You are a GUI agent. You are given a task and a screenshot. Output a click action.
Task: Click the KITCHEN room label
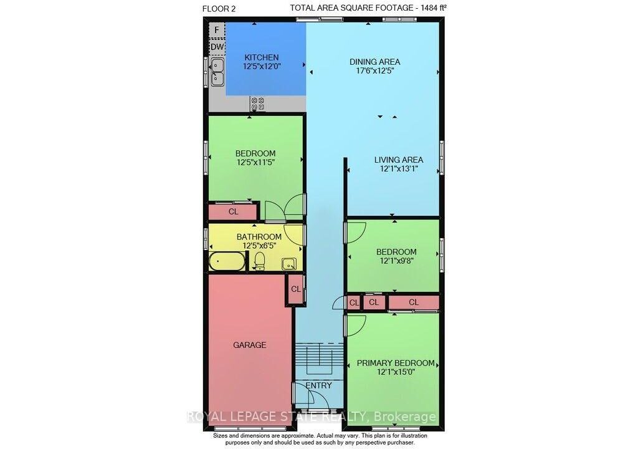[x=262, y=57]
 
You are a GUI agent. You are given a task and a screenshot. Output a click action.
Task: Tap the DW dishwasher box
[x=217, y=47]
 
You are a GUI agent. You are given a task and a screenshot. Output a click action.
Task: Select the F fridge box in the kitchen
[x=217, y=30]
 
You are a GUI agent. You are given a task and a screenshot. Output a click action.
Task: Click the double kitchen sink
[x=217, y=72]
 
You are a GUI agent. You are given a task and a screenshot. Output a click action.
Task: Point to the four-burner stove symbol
[x=257, y=104]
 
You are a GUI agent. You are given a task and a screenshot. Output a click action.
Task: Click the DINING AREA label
[x=374, y=62]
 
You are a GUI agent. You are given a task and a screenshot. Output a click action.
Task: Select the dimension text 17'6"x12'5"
[x=375, y=71]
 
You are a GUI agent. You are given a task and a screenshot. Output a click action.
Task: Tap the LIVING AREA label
[x=399, y=160]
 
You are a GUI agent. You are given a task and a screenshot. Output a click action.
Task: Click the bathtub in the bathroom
[x=227, y=261]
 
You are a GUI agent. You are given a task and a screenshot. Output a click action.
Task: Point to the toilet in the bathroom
[x=259, y=261]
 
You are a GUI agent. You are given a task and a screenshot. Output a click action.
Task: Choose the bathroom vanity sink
[x=288, y=264]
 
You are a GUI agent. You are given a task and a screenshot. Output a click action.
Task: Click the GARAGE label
[x=250, y=345]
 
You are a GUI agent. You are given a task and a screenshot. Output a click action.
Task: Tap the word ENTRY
[x=318, y=385]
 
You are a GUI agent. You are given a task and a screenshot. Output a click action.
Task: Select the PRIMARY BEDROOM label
[x=396, y=363]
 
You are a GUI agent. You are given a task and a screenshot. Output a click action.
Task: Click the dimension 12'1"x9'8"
[x=396, y=261]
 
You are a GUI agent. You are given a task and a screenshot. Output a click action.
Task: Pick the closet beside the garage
[x=295, y=289]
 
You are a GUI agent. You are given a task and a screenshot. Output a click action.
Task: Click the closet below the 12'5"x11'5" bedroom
[x=233, y=211]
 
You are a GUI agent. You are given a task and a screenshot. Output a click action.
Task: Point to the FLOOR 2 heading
[x=219, y=9]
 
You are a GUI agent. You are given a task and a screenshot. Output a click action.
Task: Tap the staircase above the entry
[x=319, y=359]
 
